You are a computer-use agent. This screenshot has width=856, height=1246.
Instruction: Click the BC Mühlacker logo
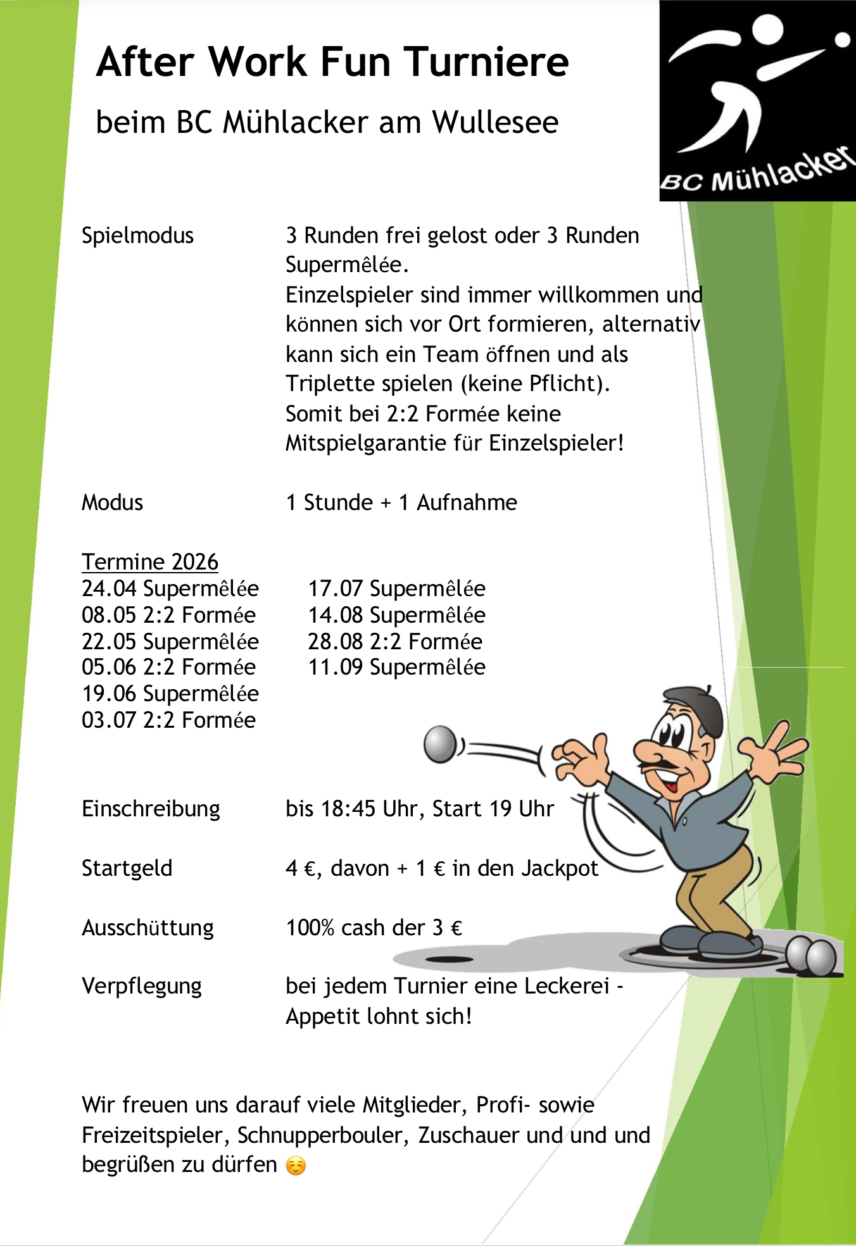757,101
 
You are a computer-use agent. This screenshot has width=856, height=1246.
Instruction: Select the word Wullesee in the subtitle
495,122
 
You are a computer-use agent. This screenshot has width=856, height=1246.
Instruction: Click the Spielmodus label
137,235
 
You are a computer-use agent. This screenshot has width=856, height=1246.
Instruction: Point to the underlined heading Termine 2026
150,562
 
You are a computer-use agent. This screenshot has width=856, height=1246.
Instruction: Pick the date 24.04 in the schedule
109,589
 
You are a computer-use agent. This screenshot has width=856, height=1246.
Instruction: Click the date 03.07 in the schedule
109,720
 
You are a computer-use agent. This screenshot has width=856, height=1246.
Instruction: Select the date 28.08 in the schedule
335,642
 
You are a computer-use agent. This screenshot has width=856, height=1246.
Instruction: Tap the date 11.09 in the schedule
335,668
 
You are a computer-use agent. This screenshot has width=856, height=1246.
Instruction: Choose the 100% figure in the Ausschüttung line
310,928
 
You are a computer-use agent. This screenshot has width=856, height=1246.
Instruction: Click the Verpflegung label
142,987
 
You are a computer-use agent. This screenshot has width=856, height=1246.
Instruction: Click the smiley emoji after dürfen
296,1166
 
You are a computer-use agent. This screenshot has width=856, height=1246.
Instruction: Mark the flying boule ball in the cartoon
440,744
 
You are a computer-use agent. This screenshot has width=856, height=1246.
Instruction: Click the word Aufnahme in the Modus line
467,502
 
